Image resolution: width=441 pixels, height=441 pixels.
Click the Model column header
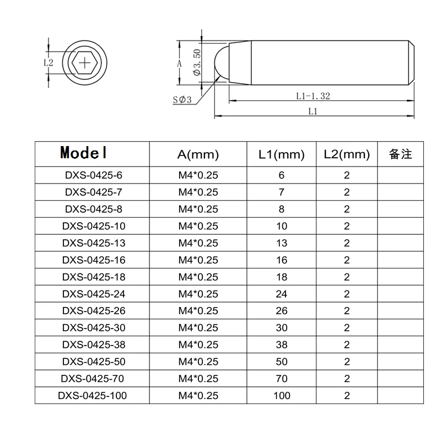pyautogui.click(x=84, y=152)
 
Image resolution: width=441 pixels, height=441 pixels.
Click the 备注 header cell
pyautogui.click(x=401, y=154)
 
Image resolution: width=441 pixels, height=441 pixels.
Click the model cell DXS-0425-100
pyautogui.click(x=92, y=395)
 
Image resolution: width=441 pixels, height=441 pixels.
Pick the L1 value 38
pyautogui.click(x=282, y=345)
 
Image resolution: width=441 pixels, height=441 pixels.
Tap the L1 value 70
pyautogui.click(x=282, y=378)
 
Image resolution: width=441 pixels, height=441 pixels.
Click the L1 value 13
pyautogui.click(x=282, y=243)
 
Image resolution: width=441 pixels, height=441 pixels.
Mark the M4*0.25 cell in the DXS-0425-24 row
pyautogui.click(x=198, y=294)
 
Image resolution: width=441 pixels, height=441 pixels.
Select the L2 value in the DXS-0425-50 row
pyautogui.click(x=347, y=362)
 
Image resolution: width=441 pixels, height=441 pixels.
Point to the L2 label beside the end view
pyautogui.click(x=49, y=63)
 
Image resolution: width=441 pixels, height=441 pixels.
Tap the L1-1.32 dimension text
pyautogui.click(x=313, y=96)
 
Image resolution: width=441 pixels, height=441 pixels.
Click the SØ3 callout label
pyautogui.click(x=181, y=100)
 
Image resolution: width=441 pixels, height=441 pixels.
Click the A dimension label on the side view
pyautogui.click(x=180, y=63)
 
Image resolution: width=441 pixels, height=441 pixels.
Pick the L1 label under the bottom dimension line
pyautogui.click(x=313, y=111)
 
